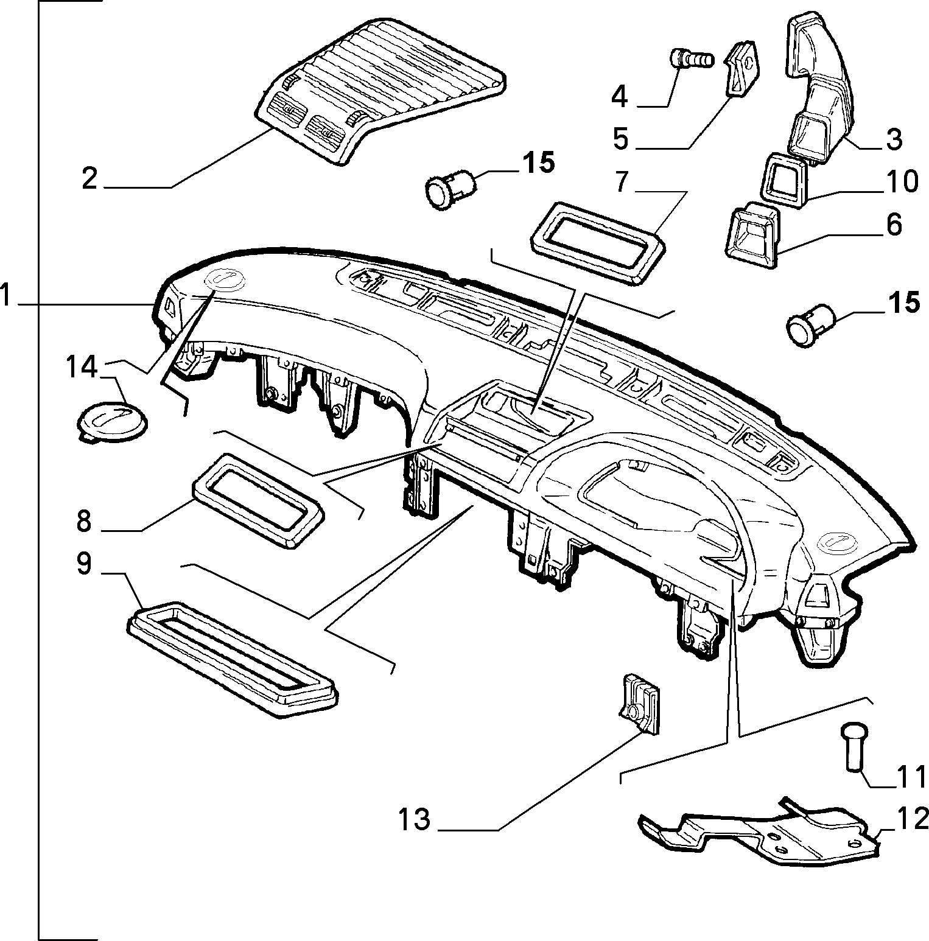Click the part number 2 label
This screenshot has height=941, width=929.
click(x=89, y=178)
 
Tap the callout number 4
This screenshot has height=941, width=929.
click(x=619, y=97)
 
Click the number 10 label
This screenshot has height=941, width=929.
click(x=902, y=181)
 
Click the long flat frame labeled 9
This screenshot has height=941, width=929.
click(x=233, y=660)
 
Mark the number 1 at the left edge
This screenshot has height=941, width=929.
click(x=5, y=296)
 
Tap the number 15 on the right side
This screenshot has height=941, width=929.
click(x=903, y=303)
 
